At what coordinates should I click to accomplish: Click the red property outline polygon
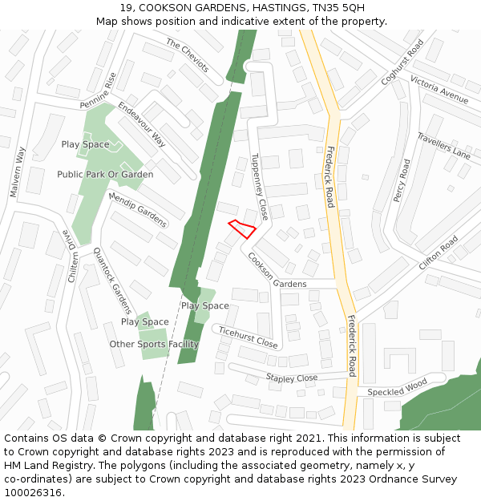click(242, 228)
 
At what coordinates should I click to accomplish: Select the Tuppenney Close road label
click(259, 187)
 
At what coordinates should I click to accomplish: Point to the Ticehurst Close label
click(248, 337)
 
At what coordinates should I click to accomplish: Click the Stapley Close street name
click(292, 378)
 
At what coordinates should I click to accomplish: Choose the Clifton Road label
click(438, 253)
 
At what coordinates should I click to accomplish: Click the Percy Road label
click(401, 180)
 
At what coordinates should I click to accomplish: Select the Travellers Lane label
click(443, 146)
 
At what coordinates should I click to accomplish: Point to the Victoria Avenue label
click(439, 90)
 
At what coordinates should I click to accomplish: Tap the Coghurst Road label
click(402, 63)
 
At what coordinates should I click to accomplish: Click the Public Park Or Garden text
click(105, 174)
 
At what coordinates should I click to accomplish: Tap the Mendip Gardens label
click(137, 209)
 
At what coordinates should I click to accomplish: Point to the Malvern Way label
click(18, 172)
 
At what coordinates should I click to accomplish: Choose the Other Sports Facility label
click(154, 345)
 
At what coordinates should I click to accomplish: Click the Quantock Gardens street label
click(112, 281)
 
